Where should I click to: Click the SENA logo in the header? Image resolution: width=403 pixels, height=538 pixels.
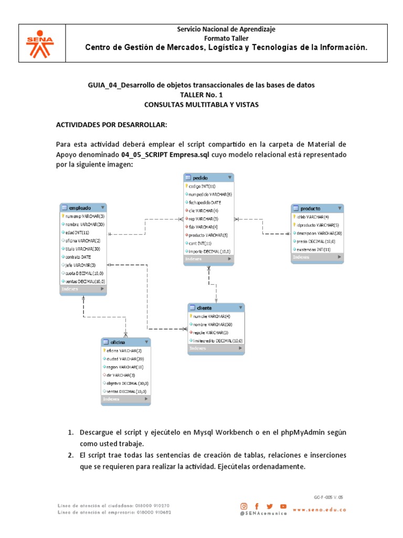(x=43, y=43)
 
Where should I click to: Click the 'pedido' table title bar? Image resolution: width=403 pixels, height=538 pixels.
(x=208, y=178)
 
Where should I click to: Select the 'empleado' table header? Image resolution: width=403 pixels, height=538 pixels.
(x=83, y=208)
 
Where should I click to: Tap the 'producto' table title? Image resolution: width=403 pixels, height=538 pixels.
(x=317, y=208)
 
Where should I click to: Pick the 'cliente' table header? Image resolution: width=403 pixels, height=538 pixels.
(x=216, y=307)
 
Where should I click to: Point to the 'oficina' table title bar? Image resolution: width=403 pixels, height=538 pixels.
(x=125, y=342)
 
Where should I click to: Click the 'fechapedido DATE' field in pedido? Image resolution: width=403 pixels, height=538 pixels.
(x=205, y=202)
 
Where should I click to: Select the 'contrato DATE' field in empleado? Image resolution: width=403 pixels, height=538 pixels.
(x=79, y=257)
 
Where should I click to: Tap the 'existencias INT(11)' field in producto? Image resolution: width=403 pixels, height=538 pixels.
(x=313, y=249)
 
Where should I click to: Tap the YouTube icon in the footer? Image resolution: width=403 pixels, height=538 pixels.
(x=283, y=505)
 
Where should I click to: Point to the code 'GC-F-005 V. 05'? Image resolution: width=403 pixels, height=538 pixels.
(x=328, y=496)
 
